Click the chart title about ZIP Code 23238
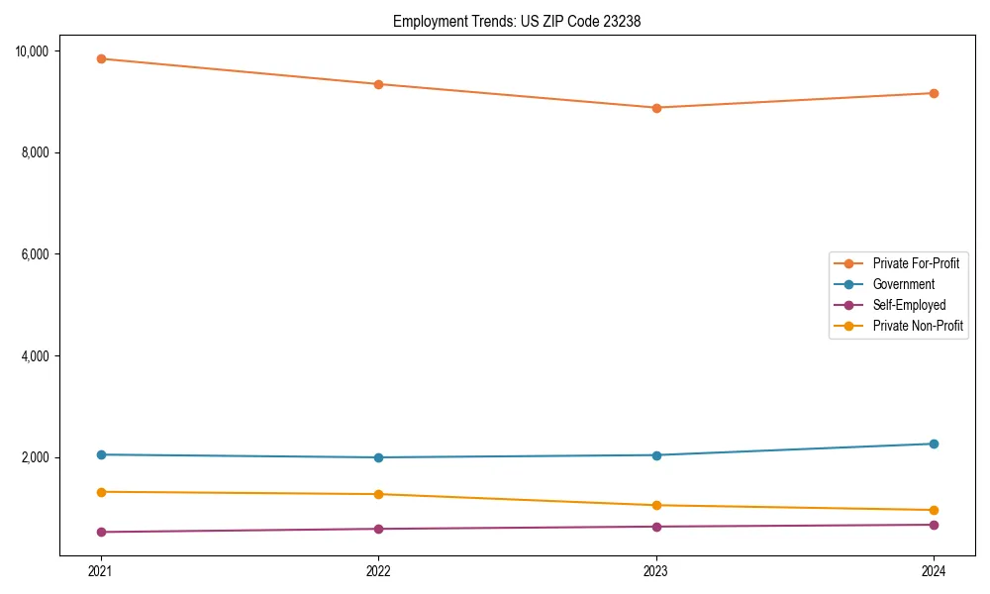click(517, 21)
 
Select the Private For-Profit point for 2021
click(101, 58)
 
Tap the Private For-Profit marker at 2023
click(656, 108)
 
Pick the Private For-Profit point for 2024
click(934, 93)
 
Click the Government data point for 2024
click(934, 444)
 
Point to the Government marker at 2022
click(378, 457)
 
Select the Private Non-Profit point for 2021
click(101, 492)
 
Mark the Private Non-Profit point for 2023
click(656, 505)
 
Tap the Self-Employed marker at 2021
click(101, 532)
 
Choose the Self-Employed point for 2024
click(934, 525)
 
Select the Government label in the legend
click(903, 284)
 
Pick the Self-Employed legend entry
click(909, 305)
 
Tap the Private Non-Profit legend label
click(918, 326)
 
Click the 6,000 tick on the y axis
click(40, 254)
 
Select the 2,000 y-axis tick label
click(40, 457)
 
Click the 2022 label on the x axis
click(378, 570)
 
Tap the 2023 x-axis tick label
click(656, 570)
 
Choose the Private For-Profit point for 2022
click(378, 84)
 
